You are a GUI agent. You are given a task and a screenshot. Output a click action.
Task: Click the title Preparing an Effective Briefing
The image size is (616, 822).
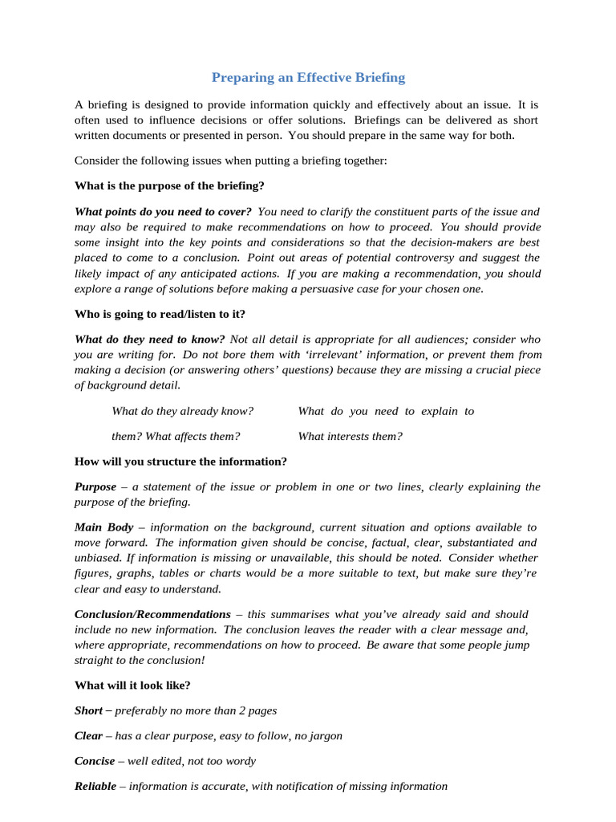pos(308,78)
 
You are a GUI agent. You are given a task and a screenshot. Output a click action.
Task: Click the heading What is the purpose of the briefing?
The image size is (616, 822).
pos(169,185)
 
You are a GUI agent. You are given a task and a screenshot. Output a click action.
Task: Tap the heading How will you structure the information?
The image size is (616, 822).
pos(180,461)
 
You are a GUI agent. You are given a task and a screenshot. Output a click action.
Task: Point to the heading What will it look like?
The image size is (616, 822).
pos(132,685)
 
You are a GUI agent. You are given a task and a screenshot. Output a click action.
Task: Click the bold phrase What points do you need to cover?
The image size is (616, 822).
pos(163,212)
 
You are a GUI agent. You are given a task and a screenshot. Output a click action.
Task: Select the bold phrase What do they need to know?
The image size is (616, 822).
pos(150,340)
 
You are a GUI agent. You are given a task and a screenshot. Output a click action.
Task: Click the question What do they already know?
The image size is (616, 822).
pos(182,411)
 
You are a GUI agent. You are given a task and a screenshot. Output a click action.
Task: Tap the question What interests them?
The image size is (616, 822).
pos(350,436)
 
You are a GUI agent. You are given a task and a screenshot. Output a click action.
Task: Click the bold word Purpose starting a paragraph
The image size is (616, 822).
pos(95,486)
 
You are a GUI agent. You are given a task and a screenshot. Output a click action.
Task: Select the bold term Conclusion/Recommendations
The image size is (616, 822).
pos(152,613)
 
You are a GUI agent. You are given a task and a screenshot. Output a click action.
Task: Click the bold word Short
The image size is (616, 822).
pos(88,710)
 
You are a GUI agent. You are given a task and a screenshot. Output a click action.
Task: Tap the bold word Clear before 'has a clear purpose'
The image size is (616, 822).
pos(88,735)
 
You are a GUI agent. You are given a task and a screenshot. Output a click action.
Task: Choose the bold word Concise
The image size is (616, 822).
pos(95,761)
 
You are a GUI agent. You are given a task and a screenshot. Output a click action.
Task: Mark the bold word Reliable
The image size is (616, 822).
pos(95,786)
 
